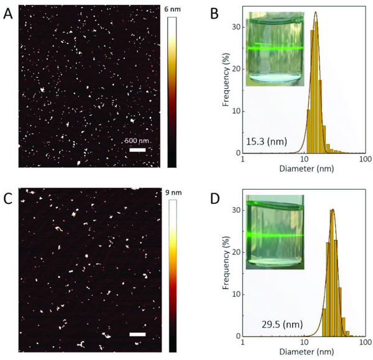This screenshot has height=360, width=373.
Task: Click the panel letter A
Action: (8, 13)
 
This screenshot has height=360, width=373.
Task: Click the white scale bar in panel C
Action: (137, 335)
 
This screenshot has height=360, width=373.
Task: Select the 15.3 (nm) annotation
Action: (267, 142)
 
